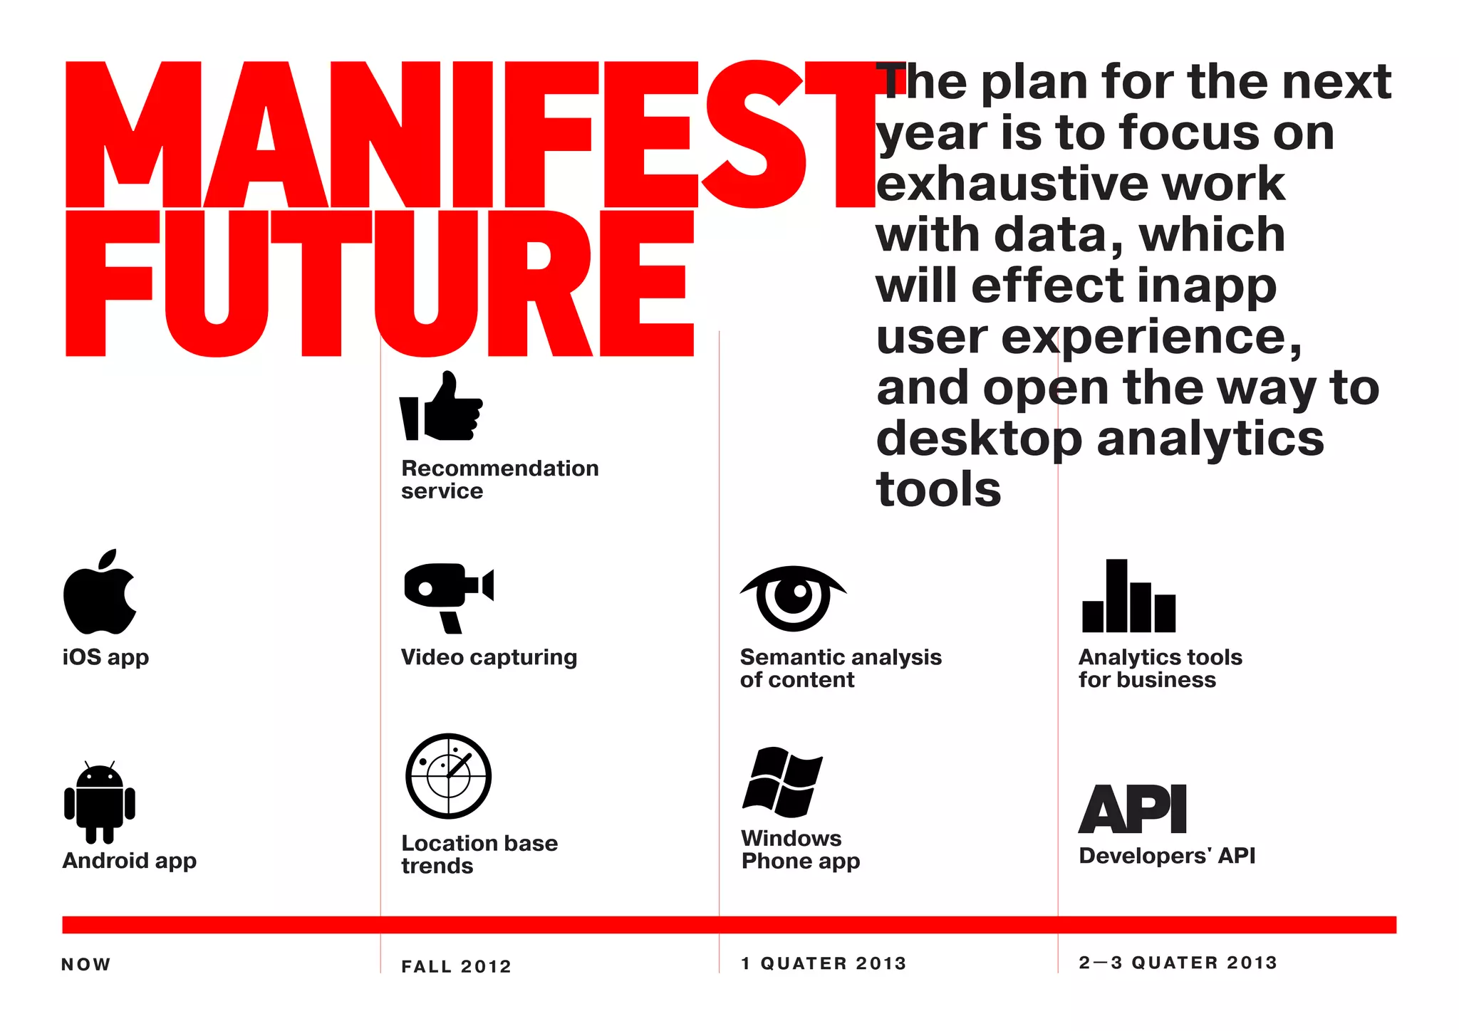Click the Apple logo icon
click(99, 593)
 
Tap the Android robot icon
click(100, 802)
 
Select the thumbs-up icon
click(442, 407)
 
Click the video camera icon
click(447, 597)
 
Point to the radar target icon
click(448, 776)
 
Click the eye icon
click(793, 598)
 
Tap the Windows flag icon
click(782, 781)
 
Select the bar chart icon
click(1128, 597)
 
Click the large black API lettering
click(1133, 810)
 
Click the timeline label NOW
click(86, 965)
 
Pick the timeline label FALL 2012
click(457, 967)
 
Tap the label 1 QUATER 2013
click(824, 963)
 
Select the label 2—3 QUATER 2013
click(1178, 963)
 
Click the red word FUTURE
click(379, 283)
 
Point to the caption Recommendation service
click(499, 479)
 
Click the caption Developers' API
click(1167, 856)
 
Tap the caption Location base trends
click(479, 854)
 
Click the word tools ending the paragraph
click(938, 490)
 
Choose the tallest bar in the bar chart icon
click(1116, 595)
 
